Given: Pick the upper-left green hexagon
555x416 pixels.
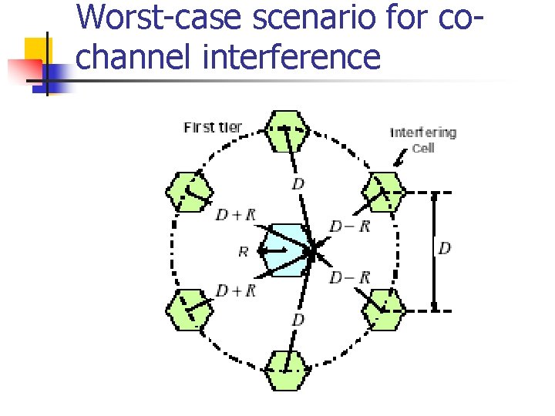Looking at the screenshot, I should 189,190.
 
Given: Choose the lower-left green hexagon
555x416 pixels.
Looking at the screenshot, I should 189,310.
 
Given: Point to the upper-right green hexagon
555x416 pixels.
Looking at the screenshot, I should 383,190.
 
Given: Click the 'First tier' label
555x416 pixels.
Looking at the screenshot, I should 212,127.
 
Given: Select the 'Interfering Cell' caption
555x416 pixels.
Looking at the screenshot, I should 423,139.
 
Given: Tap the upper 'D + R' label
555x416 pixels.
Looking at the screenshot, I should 235,215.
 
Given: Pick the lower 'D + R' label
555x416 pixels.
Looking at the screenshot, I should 235,290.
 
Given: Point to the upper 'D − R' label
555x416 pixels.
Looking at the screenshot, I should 350,226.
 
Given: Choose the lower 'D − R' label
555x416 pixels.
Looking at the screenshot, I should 350,277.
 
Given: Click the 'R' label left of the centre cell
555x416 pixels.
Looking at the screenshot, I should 243,251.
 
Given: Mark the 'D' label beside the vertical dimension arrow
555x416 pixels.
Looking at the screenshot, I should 445,248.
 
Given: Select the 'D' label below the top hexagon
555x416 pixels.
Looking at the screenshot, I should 298,183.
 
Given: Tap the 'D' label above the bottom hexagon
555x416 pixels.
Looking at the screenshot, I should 298,319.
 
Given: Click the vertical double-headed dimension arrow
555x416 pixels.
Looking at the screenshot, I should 434,250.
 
